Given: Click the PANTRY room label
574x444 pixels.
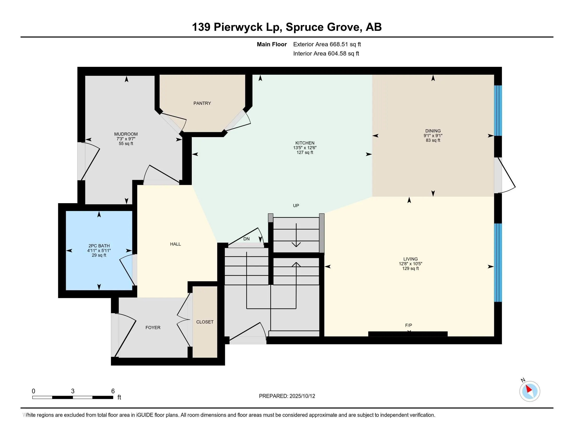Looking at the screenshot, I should [202, 103].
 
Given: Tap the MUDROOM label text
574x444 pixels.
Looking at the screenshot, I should [126, 134].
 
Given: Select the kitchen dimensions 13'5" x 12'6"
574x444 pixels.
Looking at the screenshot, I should [304, 148].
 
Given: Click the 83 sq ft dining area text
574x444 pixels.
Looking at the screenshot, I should [433, 141].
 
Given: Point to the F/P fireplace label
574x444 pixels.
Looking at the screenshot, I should [408, 325].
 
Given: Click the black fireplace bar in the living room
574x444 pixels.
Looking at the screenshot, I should [408, 334].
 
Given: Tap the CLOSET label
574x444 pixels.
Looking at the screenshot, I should [205, 322].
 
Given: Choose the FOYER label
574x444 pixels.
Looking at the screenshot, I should [153, 328].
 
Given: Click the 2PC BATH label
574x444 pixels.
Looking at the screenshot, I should [99, 246].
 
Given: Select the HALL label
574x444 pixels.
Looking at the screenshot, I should [175, 244].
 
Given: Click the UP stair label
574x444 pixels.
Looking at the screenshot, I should [296, 206].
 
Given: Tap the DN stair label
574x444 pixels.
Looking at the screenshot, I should [246, 239].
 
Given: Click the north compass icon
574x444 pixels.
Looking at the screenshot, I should [529, 391].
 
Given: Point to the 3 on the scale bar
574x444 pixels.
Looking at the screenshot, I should [73, 391].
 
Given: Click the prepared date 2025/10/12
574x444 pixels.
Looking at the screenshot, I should [302, 396].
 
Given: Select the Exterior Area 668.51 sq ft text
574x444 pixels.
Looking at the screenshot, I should [327, 44].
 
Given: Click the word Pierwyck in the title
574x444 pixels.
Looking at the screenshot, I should [238, 27].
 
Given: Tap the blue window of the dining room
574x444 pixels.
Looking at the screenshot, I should [498, 110].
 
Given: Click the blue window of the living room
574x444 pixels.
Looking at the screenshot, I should [498, 262].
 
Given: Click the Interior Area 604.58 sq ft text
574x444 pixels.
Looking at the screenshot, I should [326, 54].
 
